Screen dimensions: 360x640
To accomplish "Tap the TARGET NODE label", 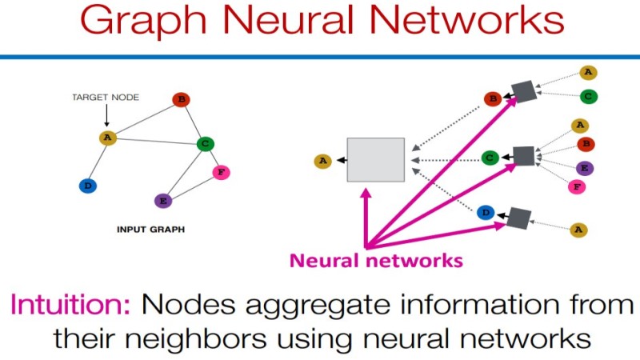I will pyautogui.click(x=106, y=98).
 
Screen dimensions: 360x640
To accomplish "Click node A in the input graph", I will pyautogui.click(x=107, y=138).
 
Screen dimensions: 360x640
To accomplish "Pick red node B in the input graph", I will pyautogui.click(x=181, y=100).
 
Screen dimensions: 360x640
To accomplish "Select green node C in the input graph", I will pyautogui.click(x=206, y=144).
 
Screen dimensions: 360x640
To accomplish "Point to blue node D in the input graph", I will pyautogui.click(x=87, y=186).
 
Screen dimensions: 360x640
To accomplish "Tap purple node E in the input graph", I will pyautogui.click(x=162, y=200).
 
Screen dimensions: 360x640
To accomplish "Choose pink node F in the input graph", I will pyautogui.click(x=221, y=172).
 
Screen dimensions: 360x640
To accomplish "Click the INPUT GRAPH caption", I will pyautogui.click(x=150, y=229).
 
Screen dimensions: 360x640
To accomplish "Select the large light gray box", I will pyautogui.click(x=375, y=159).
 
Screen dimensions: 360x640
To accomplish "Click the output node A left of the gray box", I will pyautogui.click(x=322, y=161).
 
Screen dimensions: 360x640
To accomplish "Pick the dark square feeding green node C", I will pyautogui.click(x=523, y=156).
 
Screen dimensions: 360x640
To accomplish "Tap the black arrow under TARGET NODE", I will pyautogui.click(x=107, y=115).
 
